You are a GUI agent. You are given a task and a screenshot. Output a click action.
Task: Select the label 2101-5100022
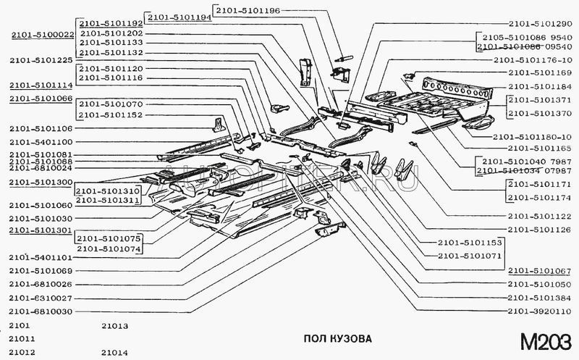pyautogui.click(x=42, y=34)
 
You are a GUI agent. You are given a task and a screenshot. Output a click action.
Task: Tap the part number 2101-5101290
pyautogui.click(x=539, y=22)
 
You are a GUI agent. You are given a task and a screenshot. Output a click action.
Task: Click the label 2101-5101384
pyautogui.click(x=539, y=298)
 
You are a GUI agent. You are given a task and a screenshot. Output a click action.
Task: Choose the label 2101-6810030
pyautogui.click(x=41, y=311)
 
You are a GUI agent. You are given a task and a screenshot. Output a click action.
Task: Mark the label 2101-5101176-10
pyautogui.click(x=533, y=60)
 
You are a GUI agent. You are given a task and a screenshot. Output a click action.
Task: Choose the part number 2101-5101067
pyautogui.click(x=539, y=271)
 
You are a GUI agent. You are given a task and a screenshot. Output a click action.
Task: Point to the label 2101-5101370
pyautogui.click(x=539, y=114)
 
